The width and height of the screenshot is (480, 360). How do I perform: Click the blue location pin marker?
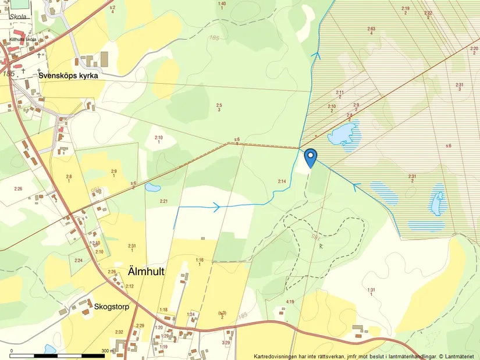(311, 156)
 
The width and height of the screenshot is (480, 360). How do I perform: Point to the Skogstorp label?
(111, 305)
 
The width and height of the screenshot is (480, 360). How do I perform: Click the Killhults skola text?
(23, 40)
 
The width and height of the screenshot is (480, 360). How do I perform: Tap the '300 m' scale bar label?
(108, 351)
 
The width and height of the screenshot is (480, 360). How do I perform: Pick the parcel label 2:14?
(282, 181)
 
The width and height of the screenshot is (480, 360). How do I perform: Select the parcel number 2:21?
(163, 201)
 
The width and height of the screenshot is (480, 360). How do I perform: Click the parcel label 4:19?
(290, 301)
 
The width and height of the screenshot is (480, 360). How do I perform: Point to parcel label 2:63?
(371, 28)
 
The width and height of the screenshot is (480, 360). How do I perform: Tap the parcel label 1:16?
(200, 260)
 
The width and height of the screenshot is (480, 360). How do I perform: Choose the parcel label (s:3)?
(222, 313)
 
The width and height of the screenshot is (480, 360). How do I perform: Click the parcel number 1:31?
(371, 290)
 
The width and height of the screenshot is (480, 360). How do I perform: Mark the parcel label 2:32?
(119, 332)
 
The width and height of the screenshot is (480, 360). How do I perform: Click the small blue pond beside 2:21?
(152, 188)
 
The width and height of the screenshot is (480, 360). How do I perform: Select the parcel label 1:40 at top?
(221, 4)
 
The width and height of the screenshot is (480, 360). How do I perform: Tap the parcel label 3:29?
(226, 343)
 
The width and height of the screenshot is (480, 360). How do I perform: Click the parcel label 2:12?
(129, 286)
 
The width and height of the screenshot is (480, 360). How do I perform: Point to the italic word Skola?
(17, 17)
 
